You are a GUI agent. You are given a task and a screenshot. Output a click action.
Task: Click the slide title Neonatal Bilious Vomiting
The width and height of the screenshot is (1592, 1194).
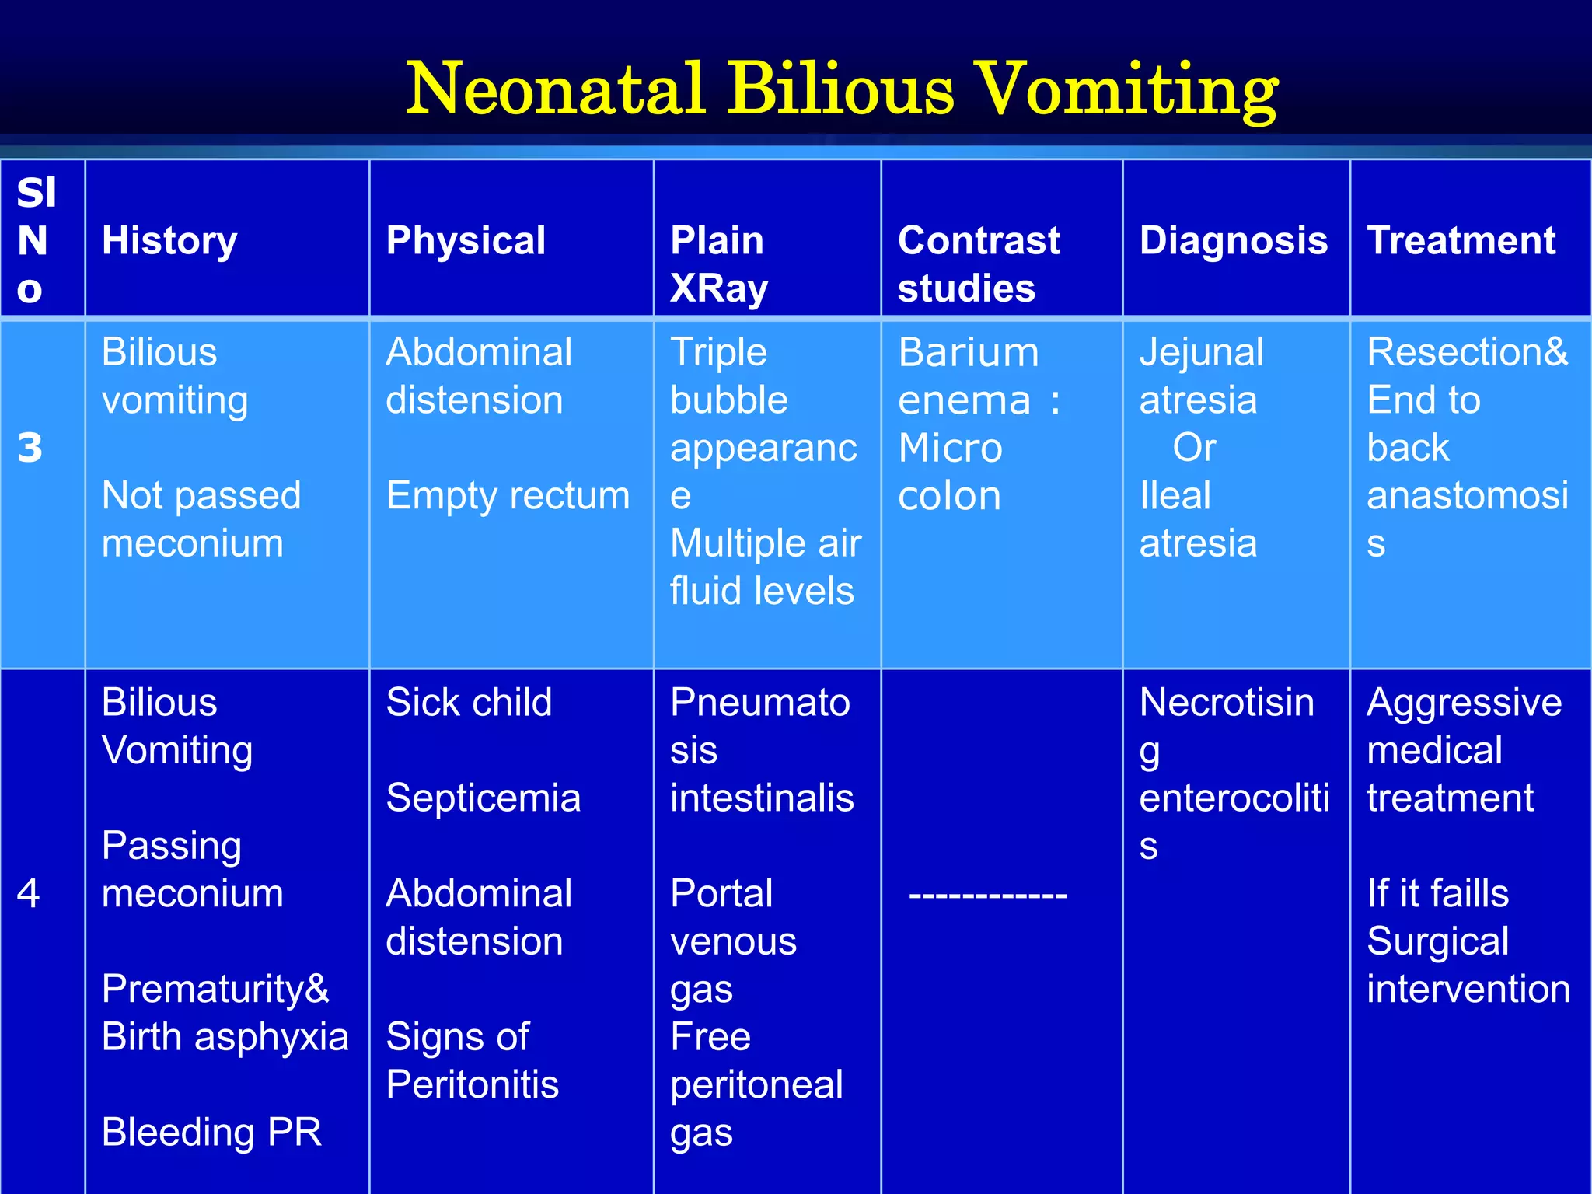tap(842, 89)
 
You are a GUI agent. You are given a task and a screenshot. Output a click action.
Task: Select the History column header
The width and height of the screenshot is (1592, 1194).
tap(169, 240)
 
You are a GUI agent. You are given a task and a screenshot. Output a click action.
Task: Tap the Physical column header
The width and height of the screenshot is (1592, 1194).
tap(466, 240)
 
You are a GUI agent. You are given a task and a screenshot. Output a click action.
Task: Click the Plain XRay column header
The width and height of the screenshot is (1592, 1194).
tap(719, 264)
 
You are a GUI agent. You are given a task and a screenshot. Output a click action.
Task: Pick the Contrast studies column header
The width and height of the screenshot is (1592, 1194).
tap(978, 264)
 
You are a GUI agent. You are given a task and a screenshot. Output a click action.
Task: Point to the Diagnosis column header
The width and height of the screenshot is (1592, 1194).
tap(1234, 240)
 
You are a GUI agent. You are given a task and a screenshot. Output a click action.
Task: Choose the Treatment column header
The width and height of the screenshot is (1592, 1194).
tap(1461, 240)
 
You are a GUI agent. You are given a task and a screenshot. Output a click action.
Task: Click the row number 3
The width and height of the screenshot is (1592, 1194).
tap(30, 448)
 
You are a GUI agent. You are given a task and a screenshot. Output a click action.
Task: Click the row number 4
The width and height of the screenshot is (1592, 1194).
tap(28, 893)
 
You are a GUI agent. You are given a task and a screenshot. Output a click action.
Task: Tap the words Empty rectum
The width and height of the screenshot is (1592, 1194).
tap(508, 495)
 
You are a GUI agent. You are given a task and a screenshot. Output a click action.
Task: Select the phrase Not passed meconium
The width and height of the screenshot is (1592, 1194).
tap(201, 518)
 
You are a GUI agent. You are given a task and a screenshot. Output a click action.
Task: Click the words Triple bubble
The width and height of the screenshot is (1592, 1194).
tap(728, 376)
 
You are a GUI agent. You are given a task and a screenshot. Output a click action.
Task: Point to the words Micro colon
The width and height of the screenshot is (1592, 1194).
tap(950, 472)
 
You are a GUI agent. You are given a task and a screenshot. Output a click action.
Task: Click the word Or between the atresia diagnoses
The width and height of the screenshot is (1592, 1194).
tap(1194, 448)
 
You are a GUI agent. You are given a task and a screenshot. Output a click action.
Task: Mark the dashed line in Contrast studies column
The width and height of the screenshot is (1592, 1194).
tap(987, 895)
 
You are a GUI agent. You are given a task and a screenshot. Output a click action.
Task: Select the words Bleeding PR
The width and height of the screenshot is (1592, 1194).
tap(211, 1132)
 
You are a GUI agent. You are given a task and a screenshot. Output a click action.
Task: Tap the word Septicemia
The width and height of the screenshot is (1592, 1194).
tap(483, 798)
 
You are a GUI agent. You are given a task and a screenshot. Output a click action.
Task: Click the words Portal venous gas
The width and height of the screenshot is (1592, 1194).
tap(733, 941)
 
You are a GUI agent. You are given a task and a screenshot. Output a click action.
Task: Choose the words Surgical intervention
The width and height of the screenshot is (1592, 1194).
tap(1468, 965)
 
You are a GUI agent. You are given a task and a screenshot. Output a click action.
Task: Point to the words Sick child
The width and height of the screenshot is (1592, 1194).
tap(469, 703)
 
